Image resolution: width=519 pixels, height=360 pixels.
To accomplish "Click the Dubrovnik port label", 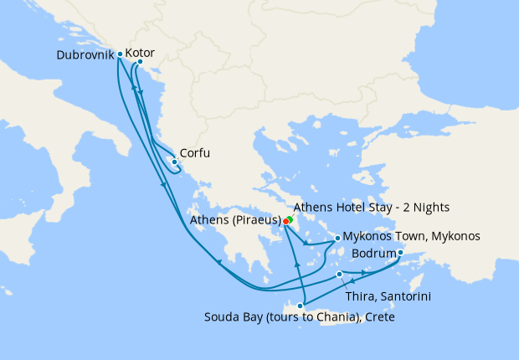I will click(85, 55).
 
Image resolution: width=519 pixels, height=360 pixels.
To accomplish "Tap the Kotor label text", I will click(162, 53).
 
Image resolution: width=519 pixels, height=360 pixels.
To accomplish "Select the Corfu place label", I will click(195, 154).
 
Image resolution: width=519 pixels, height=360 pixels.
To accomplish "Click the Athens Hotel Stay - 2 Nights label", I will click(372, 207).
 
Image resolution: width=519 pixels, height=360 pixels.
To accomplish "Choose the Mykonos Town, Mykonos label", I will click(412, 237).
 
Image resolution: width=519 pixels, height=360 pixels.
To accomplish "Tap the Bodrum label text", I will click(374, 252).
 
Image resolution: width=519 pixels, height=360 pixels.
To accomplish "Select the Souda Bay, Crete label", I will click(299, 317).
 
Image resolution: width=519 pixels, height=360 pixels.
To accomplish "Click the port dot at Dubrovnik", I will click(121, 54).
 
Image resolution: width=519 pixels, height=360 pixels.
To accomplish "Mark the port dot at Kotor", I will click(140, 62).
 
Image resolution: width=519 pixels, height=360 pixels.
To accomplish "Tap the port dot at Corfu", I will click(174, 162).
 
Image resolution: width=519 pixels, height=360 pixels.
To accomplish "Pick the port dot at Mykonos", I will click(337, 238).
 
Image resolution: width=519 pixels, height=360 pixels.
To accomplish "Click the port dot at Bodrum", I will click(400, 253).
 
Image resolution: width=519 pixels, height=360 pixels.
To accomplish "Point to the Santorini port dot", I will click(339, 274).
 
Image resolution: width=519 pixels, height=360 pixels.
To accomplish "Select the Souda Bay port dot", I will click(300, 306).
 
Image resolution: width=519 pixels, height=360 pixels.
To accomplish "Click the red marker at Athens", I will click(285, 221).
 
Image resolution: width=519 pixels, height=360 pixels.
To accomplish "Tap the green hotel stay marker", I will click(289, 219).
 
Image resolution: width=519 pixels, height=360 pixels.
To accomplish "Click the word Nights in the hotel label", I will click(431, 207).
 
